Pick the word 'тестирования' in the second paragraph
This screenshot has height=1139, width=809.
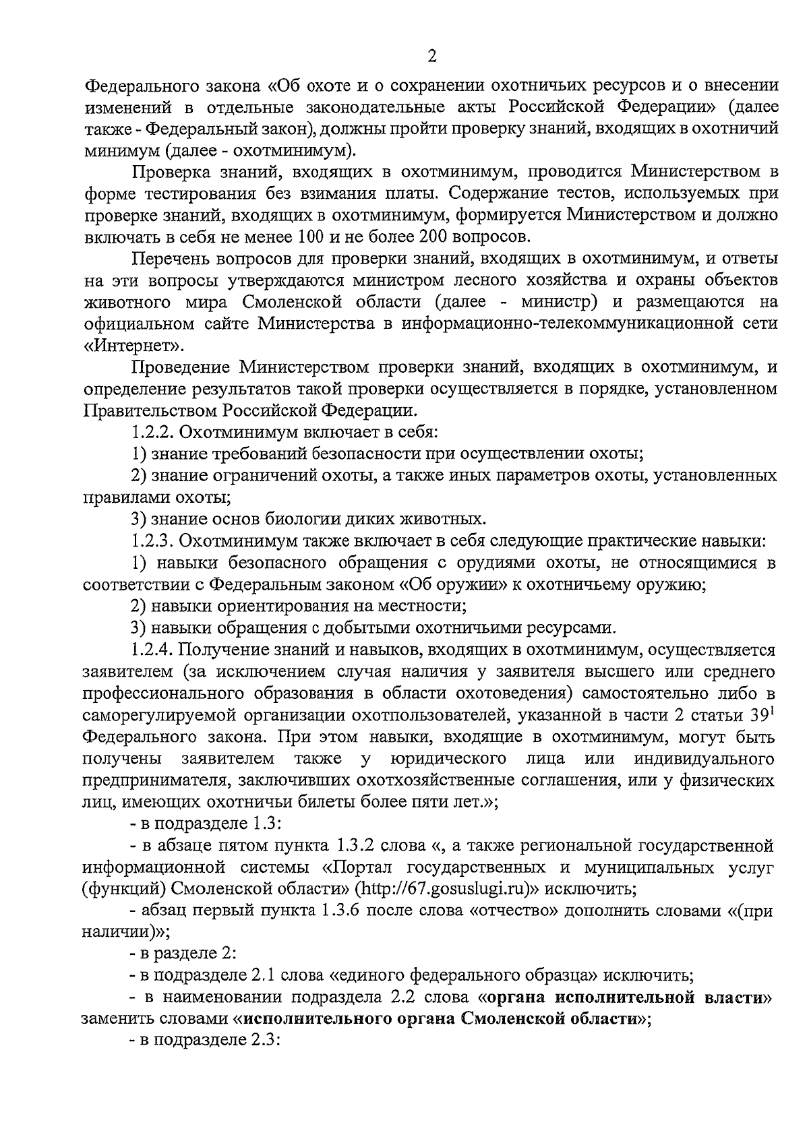pyautogui.click(x=196, y=193)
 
